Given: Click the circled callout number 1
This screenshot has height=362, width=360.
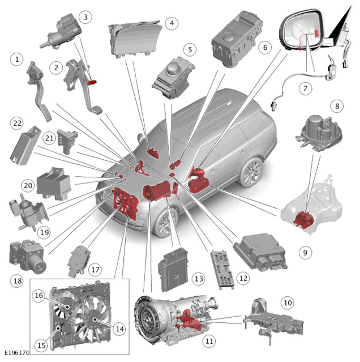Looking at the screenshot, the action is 17,59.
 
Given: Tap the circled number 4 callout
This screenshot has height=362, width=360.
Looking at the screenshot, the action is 172,23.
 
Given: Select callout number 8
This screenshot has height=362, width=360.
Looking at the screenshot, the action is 337,106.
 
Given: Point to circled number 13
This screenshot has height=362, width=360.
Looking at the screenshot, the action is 199,279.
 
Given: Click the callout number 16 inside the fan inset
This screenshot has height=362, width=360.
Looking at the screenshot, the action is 39,295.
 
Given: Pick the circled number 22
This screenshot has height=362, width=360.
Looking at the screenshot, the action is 18,123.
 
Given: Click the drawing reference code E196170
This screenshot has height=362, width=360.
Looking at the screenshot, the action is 17,353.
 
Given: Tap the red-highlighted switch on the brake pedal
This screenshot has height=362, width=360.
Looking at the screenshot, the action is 92,82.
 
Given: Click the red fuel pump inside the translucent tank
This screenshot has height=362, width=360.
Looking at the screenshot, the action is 303,219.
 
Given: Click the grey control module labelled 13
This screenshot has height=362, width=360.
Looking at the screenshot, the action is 173,270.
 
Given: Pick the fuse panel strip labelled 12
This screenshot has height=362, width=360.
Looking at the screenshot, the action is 222,270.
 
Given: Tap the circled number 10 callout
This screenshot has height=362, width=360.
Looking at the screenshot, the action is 288,303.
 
